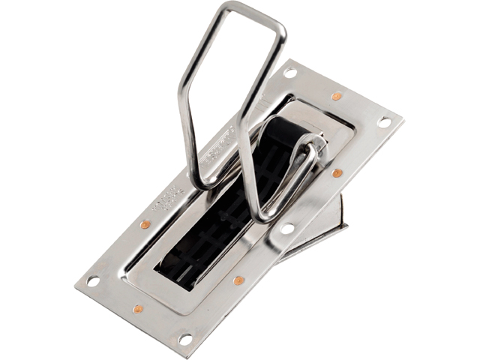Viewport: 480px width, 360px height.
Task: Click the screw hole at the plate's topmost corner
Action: point(290,73)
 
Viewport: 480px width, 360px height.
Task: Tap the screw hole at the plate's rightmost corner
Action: point(384,121)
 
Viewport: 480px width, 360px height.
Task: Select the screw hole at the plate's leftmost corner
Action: point(93,281)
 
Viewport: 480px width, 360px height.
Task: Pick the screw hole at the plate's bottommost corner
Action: point(184,339)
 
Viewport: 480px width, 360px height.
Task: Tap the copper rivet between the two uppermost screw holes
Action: point(337,96)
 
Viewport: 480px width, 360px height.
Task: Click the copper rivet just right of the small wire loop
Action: point(337,173)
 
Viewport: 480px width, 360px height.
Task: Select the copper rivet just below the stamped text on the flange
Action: point(145,224)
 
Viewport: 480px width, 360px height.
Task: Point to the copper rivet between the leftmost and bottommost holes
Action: point(138,309)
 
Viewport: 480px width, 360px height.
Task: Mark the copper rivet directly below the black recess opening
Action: point(238,280)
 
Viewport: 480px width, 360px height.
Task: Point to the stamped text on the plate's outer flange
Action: point(166,196)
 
